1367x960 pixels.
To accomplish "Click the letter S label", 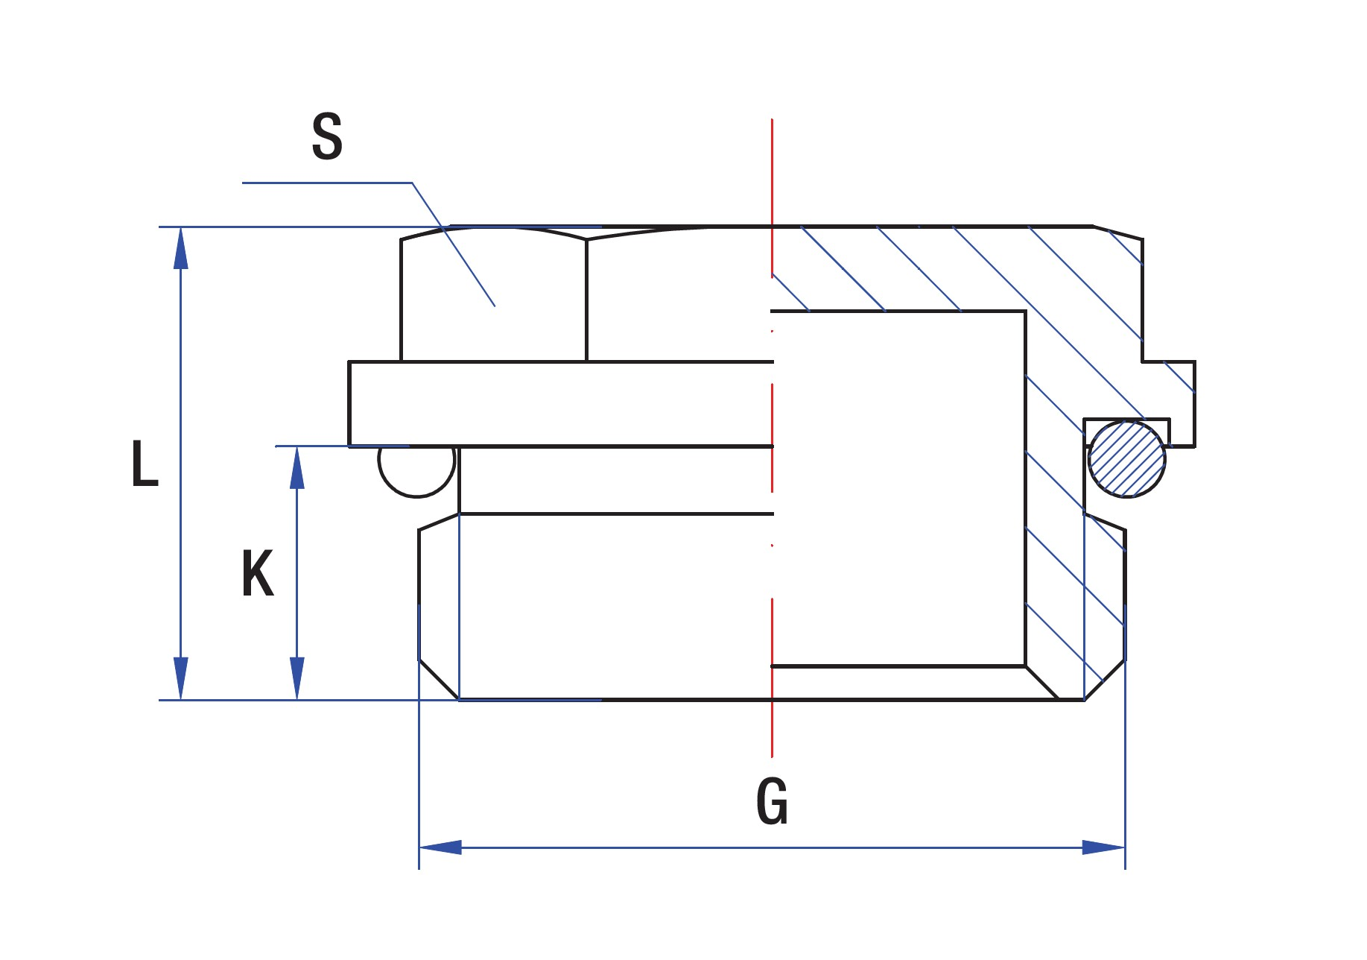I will (x=327, y=137).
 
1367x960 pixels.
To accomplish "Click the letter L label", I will (x=145, y=464).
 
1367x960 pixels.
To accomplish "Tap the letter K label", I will (x=258, y=573).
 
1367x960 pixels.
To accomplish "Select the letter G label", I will (x=772, y=802).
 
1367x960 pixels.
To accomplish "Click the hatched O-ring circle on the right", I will (x=1126, y=459).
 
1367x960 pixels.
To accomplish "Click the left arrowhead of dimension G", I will (x=440, y=847).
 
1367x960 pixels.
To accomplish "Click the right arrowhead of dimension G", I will (x=1104, y=847).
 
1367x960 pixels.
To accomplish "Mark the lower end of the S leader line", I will (x=495, y=306).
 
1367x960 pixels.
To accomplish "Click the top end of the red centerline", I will (x=773, y=119).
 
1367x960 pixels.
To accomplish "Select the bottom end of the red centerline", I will (x=773, y=757).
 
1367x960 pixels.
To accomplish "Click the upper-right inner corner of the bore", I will (x=1025, y=312).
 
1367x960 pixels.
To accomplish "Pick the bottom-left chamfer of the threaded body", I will (x=439, y=680).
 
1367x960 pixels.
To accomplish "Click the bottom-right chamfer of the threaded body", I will (x=1105, y=680).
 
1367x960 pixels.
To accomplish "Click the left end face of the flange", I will (x=349, y=403).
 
